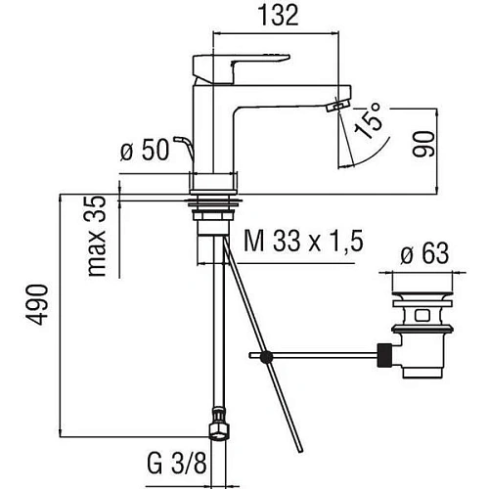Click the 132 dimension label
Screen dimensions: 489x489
(x=278, y=16)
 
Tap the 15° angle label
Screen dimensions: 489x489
(x=369, y=120)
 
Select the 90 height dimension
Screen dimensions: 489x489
(x=423, y=144)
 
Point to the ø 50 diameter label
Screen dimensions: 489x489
(x=145, y=150)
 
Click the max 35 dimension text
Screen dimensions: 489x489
(x=98, y=236)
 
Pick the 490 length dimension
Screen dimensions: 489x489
(x=38, y=304)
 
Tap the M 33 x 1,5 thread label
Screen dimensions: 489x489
(x=303, y=242)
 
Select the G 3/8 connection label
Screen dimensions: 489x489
(x=177, y=464)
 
